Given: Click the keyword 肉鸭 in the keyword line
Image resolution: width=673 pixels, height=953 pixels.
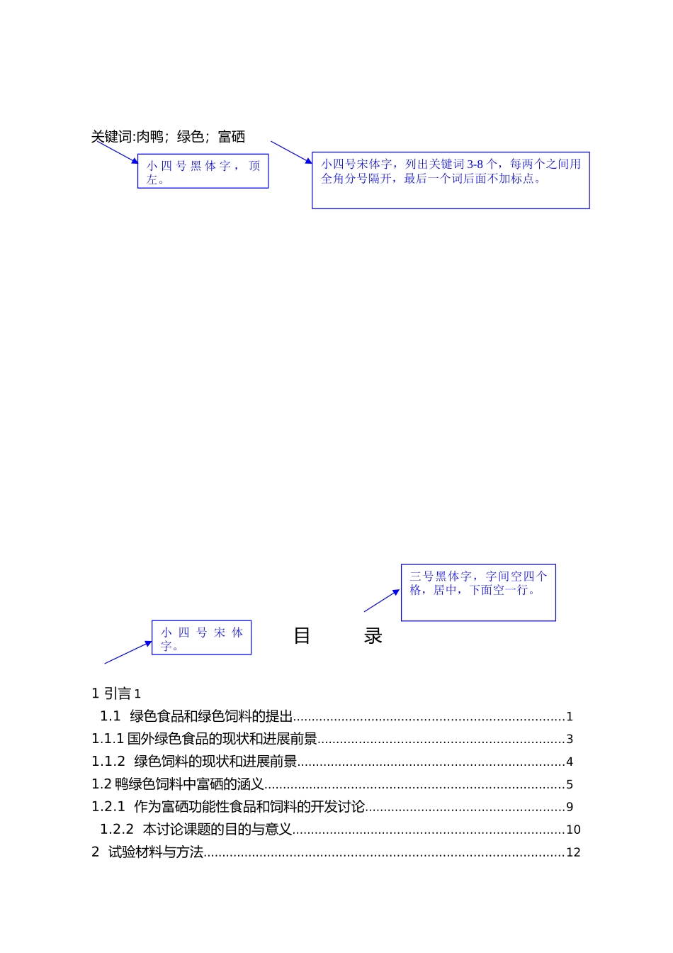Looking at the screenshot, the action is tap(150, 137).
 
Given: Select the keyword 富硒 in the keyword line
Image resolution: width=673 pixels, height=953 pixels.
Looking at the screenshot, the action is tap(232, 137).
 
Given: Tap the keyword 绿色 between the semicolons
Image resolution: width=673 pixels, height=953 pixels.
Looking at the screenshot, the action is tap(191, 137).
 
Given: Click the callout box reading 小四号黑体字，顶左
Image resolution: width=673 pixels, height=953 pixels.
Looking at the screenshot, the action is tap(203, 172).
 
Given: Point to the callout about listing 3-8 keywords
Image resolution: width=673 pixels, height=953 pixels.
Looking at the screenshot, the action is tap(451, 180).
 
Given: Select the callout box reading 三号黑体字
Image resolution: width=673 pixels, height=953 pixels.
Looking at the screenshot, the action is tap(478, 593).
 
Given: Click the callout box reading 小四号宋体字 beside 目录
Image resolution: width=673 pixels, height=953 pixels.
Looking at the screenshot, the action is tap(202, 637).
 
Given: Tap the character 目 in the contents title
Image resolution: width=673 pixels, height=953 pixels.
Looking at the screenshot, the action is tap(302, 636).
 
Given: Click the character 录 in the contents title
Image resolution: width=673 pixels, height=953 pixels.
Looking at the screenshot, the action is tap(373, 636).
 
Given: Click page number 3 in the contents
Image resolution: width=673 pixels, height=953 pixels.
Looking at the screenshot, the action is tap(570, 740).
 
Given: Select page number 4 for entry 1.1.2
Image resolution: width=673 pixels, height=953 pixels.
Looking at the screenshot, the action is tap(570, 762).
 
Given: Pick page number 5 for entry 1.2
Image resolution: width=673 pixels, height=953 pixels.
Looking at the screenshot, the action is tap(570, 785).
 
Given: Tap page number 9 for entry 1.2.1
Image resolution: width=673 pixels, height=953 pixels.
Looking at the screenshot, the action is tap(570, 808).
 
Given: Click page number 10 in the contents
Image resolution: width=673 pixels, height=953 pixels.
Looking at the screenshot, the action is tap(573, 830).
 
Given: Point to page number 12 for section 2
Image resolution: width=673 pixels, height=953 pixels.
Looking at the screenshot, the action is tap(573, 853).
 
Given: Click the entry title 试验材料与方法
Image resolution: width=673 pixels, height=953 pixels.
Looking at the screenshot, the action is tap(156, 852).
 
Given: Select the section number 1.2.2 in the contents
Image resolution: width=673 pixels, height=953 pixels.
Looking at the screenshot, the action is tap(117, 830).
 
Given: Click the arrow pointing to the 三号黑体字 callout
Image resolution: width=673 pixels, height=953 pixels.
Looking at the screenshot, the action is tap(383, 600).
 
